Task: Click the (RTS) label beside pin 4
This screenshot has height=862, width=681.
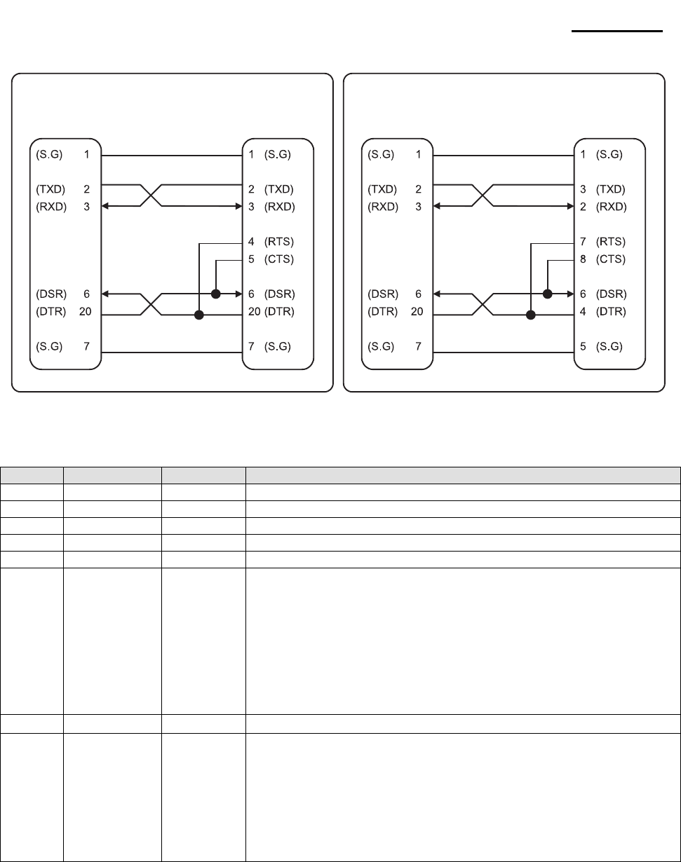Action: pos(278,242)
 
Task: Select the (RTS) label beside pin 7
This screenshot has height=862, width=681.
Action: pos(610,242)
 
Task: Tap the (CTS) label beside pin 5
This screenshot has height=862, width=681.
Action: pos(278,259)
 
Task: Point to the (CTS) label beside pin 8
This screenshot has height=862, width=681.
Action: pos(610,259)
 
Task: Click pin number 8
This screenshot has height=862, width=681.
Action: pos(583,259)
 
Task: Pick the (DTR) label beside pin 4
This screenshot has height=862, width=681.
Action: pos(610,311)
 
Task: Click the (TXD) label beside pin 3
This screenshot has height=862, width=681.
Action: pos(610,189)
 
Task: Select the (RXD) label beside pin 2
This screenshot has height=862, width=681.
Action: pos(610,207)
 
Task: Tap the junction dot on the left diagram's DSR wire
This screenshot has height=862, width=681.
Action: pos(216,294)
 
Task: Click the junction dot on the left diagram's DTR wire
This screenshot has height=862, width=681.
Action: pos(199,315)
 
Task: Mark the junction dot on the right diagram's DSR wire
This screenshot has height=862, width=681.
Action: pos(548,294)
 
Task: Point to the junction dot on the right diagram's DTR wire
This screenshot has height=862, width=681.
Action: pos(531,315)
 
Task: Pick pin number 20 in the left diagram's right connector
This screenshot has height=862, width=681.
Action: pos(254,311)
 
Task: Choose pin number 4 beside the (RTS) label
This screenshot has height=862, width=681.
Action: pos(251,242)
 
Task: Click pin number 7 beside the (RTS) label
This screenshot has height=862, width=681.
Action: pos(583,242)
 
